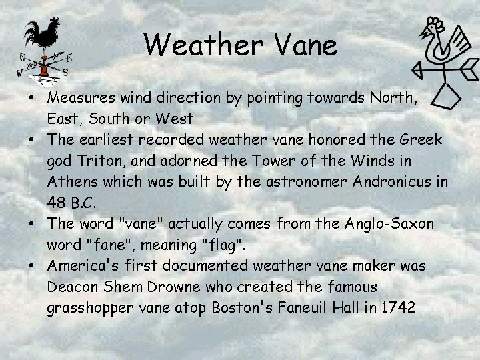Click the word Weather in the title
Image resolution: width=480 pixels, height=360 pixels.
199,45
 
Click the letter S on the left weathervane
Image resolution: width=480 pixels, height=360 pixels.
65,71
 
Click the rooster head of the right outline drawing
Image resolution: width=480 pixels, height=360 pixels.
434,29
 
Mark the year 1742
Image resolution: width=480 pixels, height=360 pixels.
396,307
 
